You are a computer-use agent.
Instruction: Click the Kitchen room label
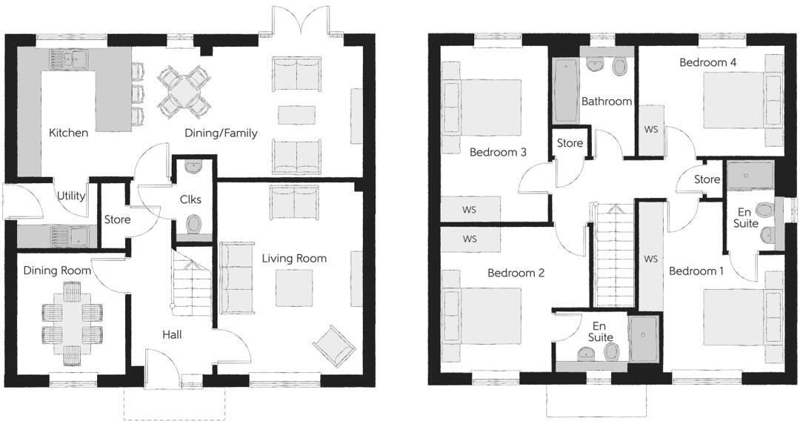pyautogui.click(x=68, y=133)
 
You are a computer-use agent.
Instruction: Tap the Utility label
pyautogui.click(x=71, y=196)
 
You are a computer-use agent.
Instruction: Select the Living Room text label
pyautogui.click(x=294, y=259)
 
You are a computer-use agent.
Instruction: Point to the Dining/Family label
pyautogui.click(x=221, y=133)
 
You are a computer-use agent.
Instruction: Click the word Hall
pyautogui.click(x=172, y=335)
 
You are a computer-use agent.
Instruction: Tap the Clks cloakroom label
pyautogui.click(x=190, y=199)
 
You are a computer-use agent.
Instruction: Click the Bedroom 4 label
pyautogui.click(x=707, y=63)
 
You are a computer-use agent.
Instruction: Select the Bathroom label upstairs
pyautogui.click(x=606, y=102)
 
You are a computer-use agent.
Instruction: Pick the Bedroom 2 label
pyautogui.click(x=516, y=274)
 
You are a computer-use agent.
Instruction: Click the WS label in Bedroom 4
pyautogui.click(x=651, y=130)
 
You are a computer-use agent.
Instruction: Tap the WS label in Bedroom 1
pyautogui.click(x=651, y=259)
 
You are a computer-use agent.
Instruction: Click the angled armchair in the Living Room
pyautogui.click(x=333, y=345)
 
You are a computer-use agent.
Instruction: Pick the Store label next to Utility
pyautogui.click(x=117, y=220)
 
